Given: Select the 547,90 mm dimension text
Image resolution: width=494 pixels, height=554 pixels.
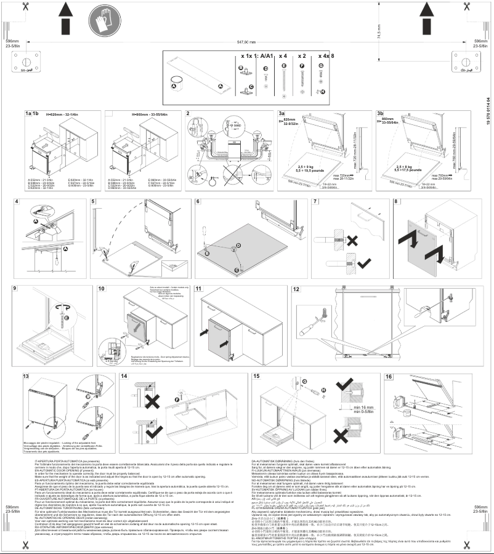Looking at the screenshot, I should [x=246, y=42].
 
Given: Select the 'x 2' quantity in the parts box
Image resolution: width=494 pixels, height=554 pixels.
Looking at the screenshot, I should [x=302, y=55].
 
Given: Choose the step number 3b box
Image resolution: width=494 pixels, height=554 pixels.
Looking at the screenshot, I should [x=380, y=114].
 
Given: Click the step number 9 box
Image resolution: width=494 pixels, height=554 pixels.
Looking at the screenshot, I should [x=15, y=289].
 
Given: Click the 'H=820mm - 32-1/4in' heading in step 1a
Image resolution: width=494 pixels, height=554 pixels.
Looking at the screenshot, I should [x=65, y=114].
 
